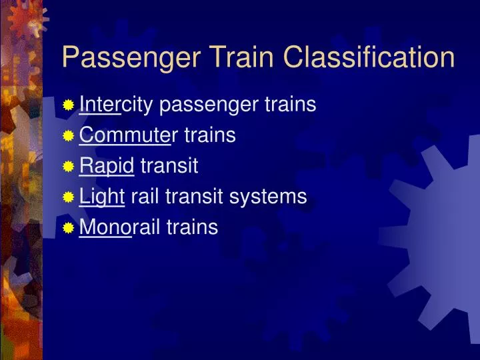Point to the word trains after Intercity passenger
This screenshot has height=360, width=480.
pos(291,105)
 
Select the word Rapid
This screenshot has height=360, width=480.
pos(107,167)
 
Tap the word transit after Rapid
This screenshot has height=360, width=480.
pos(169,166)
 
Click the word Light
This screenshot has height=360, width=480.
pos(102,197)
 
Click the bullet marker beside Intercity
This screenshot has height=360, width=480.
pos(68,105)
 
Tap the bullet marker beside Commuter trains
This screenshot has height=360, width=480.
pos(68,136)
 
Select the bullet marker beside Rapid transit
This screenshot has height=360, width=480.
pos(68,167)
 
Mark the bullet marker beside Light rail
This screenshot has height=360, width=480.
pos(68,197)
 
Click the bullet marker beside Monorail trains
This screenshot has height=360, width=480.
pos(68,228)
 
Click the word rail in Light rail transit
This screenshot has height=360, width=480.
pos(143,197)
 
